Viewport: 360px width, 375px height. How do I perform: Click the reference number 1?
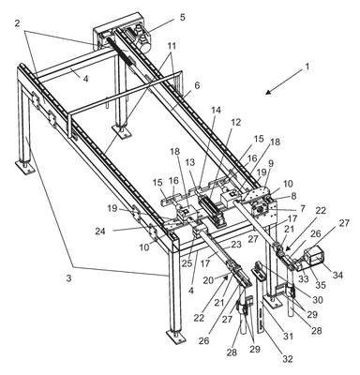pyautogui.click(x=307, y=67)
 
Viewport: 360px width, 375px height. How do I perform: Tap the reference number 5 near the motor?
pyautogui.click(x=182, y=17)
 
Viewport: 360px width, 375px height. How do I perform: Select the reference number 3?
pyautogui.click(x=68, y=278)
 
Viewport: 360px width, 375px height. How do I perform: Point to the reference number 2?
pyautogui.click(x=18, y=23)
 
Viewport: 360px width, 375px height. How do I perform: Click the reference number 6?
pyautogui.click(x=198, y=85)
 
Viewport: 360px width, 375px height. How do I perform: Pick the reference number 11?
pyautogui.click(x=172, y=46)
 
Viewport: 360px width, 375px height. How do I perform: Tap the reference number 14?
pyautogui.click(x=217, y=110)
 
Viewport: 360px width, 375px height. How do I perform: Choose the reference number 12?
pyautogui.click(x=236, y=122)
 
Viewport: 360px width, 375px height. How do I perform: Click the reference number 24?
pyautogui.click(x=101, y=232)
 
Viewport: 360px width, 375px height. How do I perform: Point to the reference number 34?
pyautogui.click(x=337, y=275)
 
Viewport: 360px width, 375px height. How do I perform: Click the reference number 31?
pyautogui.click(x=288, y=337)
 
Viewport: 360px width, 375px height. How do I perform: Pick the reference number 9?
pyautogui.click(x=271, y=162)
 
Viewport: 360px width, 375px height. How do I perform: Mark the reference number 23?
pyautogui.click(x=236, y=245)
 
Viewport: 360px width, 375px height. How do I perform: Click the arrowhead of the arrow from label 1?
pyautogui.click(x=267, y=92)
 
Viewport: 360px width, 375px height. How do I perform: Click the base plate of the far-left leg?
pyautogui.click(x=25, y=168)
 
